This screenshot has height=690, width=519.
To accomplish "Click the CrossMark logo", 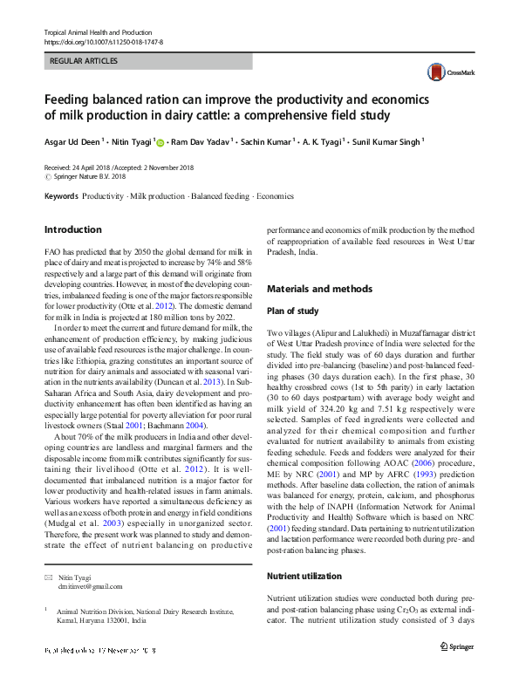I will pos(442,72).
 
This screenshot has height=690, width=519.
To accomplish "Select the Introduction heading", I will pos(72,230).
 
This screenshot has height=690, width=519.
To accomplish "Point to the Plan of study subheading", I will pos(292,311).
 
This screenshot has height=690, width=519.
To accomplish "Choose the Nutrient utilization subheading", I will pos(304,577).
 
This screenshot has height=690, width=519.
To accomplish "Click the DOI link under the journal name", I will pos(103,42).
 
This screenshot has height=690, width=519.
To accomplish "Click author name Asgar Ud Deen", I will pos(73,140).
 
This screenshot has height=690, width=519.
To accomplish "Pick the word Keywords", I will pos(61,196).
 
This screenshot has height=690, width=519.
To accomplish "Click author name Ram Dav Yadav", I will pos(201,140).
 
